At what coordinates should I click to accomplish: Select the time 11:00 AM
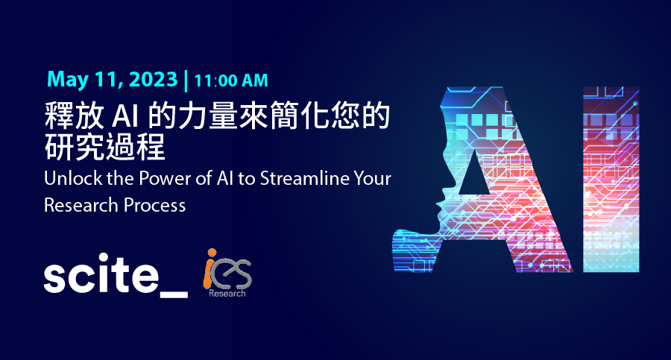pyautogui.click(x=231, y=81)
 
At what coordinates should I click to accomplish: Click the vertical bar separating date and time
pyautogui.click(x=186, y=81)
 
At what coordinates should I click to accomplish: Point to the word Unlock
pyautogui.click(x=73, y=178)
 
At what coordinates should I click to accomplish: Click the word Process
pyautogui.click(x=155, y=206)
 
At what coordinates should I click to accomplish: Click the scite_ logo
pyautogui.click(x=116, y=274)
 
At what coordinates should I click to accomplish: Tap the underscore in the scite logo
pyautogui.click(x=173, y=294)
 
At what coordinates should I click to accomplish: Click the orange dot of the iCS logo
pyautogui.click(x=212, y=253)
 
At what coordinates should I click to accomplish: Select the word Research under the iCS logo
pyautogui.click(x=227, y=293)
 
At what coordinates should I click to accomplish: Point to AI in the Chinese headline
pyautogui.click(x=125, y=116)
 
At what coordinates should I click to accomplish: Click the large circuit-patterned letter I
pyautogui.click(x=611, y=180)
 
